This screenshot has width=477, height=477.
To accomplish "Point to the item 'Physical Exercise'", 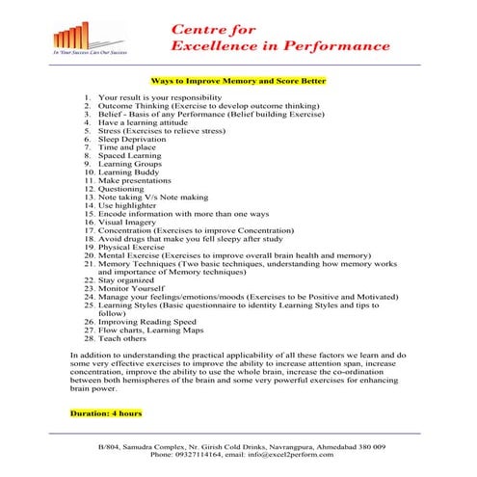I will point(134,247).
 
